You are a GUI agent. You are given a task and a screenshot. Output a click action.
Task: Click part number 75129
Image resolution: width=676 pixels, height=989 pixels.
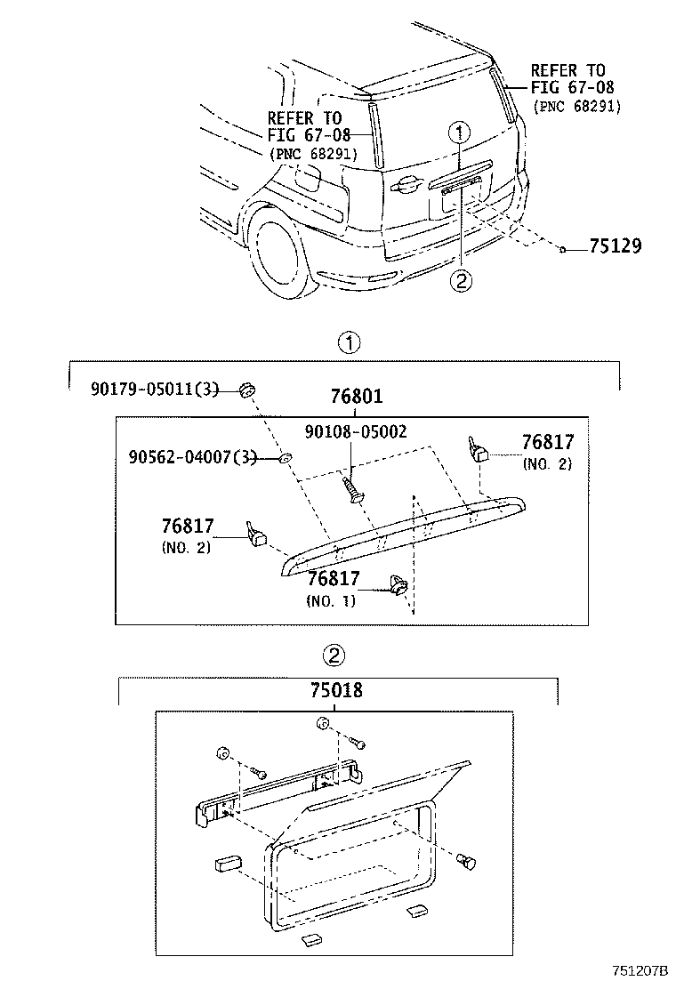pos(614,247)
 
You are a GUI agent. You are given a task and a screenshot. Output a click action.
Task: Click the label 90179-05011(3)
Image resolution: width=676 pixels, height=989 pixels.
pos(153,389)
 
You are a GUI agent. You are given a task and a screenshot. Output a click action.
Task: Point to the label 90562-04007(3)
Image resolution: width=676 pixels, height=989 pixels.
pos(191,458)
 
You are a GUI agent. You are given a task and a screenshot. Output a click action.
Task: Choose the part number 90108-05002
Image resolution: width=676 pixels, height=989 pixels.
pos(355,432)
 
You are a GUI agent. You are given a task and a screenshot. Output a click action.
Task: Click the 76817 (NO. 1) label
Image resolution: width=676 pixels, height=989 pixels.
pos(334,588)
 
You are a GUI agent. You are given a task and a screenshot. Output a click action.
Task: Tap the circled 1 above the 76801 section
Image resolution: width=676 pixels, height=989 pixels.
pos(350,342)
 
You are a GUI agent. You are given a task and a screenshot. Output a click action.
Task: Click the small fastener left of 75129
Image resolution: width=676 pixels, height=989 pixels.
pos(564,248)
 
